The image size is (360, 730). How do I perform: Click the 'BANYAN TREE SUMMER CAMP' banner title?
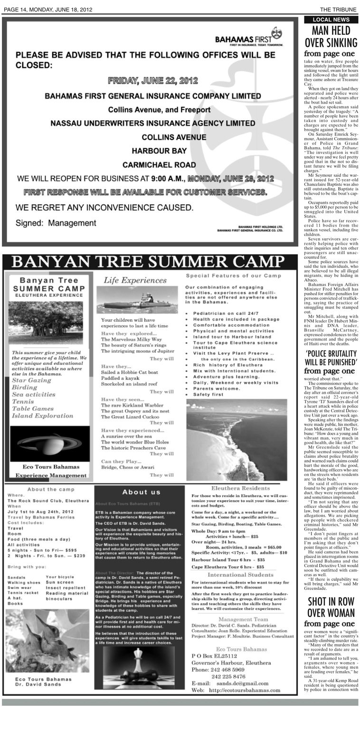(145, 262)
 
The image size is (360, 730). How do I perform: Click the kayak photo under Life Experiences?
(137, 300)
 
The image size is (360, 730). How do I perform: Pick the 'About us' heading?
(141, 492)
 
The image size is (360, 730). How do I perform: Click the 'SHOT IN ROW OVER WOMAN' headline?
(331, 607)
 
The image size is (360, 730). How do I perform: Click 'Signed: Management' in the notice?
(56, 223)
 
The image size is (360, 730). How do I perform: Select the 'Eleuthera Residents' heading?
(234, 488)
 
